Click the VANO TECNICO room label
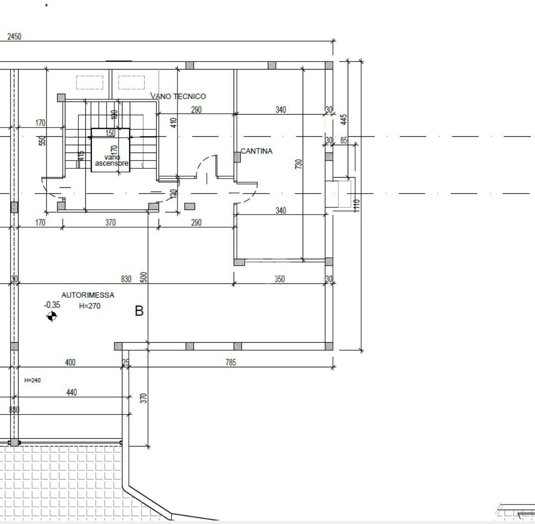(x=178, y=96)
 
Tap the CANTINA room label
(x=257, y=151)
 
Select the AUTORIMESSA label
(x=88, y=295)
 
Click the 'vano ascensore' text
(x=111, y=160)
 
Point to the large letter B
(x=139, y=311)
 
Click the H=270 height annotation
(x=89, y=306)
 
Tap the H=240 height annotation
(x=32, y=380)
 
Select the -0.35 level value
(x=52, y=305)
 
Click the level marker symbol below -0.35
(x=52, y=316)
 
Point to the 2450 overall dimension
(x=14, y=37)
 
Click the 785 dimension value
(x=230, y=363)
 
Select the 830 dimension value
(x=126, y=279)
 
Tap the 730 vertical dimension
(x=299, y=164)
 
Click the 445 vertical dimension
(x=344, y=120)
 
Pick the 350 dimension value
(x=280, y=279)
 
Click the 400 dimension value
(x=70, y=363)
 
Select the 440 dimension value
(x=71, y=393)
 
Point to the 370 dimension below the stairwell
(x=110, y=223)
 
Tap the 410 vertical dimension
(x=173, y=123)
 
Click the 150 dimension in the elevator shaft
(x=110, y=134)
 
